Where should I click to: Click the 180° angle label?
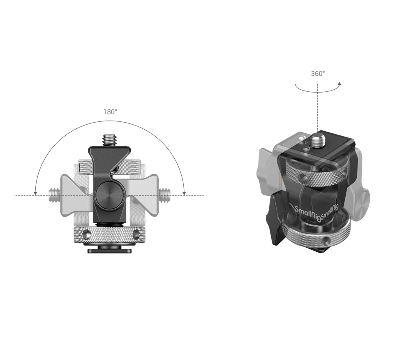pyautogui.click(x=110, y=111)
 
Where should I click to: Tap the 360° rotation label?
pyautogui.click(x=318, y=74)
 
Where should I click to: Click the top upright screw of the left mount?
pyautogui.click(x=110, y=139)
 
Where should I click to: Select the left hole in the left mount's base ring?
pyautogui.click(x=87, y=235)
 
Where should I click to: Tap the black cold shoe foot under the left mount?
pyautogui.click(x=109, y=250)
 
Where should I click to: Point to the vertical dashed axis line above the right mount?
pyautogui.click(x=317, y=107)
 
